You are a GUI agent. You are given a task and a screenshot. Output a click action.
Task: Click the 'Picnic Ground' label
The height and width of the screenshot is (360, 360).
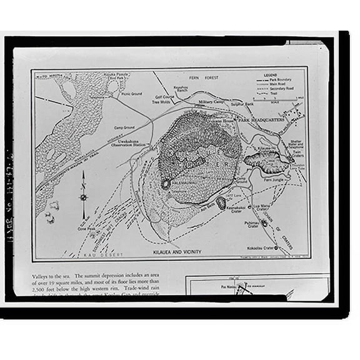[x=131, y=94]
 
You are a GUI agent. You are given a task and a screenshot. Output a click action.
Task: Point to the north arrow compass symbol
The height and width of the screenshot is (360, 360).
[x=83, y=196]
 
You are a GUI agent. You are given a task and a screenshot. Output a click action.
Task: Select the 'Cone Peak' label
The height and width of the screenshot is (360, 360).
[x=86, y=229]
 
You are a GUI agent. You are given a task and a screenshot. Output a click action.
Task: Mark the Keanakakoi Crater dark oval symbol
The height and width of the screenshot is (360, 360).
[x=221, y=202]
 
